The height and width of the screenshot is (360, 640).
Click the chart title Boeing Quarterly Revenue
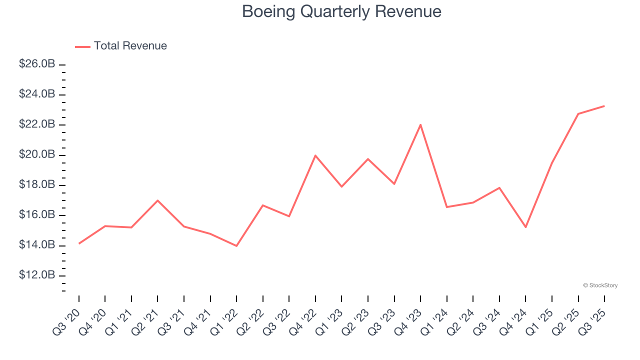[x=341, y=11]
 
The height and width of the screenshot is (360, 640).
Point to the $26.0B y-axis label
[x=37, y=64]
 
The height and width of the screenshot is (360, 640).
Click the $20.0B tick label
[x=37, y=155]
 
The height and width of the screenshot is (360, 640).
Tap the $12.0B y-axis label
[x=37, y=275]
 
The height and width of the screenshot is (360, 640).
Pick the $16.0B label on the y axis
[x=37, y=215]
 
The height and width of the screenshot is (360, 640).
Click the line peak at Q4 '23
[x=420, y=124]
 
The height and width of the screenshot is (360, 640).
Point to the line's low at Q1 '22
[x=236, y=246]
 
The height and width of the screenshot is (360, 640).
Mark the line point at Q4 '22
[x=315, y=155]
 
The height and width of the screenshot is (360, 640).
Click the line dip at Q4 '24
[x=525, y=227]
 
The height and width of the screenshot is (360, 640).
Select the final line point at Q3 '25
[x=604, y=106]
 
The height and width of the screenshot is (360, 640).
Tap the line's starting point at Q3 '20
[x=79, y=243]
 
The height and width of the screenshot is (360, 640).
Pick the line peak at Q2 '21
[x=158, y=200]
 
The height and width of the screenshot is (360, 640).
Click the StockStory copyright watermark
[x=600, y=285]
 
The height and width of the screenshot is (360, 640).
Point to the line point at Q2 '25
[x=578, y=114]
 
